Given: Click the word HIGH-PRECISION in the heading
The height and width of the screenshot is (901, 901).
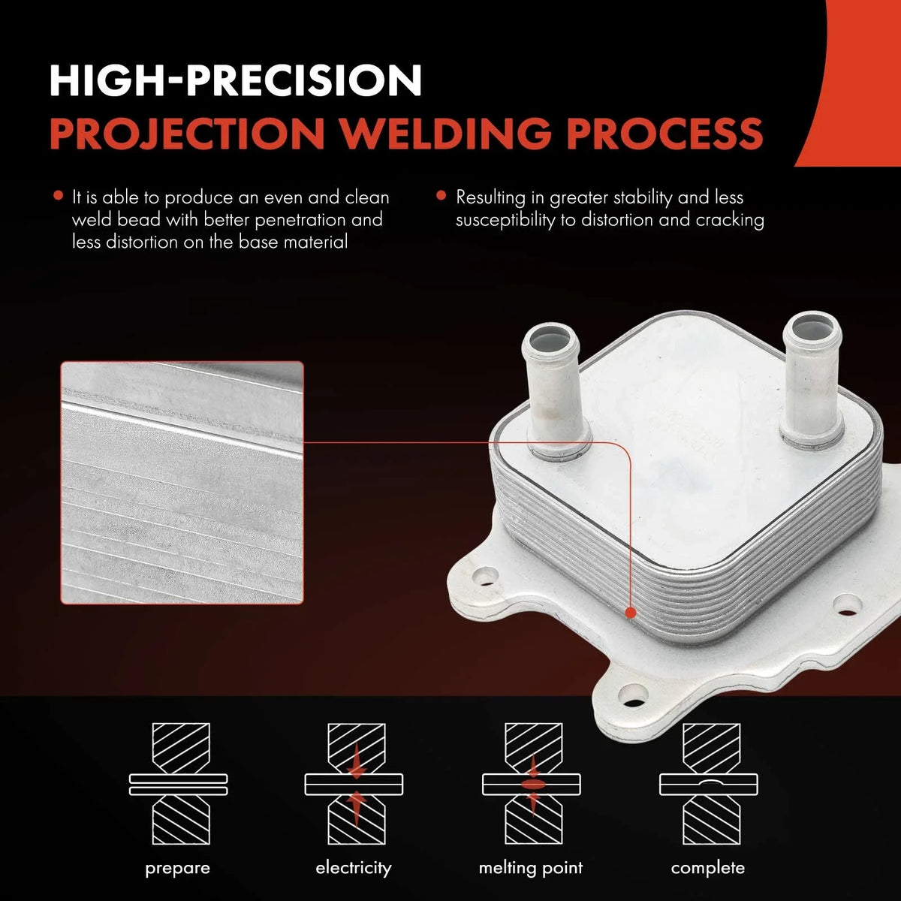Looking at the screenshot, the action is (x=235, y=81).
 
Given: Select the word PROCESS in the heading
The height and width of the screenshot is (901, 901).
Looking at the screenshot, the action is (x=665, y=133).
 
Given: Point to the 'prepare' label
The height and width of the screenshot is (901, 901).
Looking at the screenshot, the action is (x=178, y=869).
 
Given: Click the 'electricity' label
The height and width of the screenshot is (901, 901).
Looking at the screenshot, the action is (x=354, y=868).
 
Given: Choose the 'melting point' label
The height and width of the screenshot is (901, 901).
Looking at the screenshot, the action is (x=531, y=868).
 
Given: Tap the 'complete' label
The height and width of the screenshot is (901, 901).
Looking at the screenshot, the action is (x=708, y=868).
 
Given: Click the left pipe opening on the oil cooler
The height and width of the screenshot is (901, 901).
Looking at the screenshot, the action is (x=550, y=339).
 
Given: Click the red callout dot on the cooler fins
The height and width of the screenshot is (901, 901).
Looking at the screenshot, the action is (x=630, y=613).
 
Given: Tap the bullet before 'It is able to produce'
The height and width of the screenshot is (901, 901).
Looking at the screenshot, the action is (x=58, y=195).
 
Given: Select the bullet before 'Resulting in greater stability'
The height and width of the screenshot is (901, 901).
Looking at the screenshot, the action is (x=441, y=195).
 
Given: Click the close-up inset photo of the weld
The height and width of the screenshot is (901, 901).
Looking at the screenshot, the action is (x=182, y=483).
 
